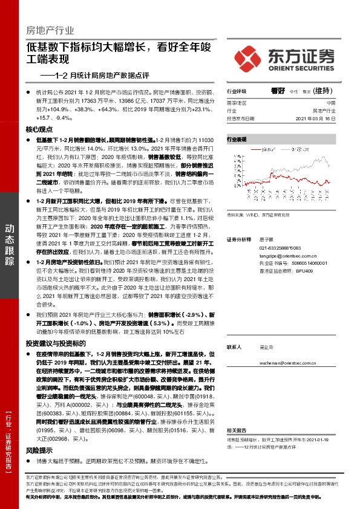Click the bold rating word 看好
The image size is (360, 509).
click(278, 89)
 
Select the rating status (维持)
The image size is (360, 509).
click(324, 89)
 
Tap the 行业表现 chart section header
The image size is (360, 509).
click(237, 139)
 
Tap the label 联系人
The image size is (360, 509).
click(234, 347)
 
